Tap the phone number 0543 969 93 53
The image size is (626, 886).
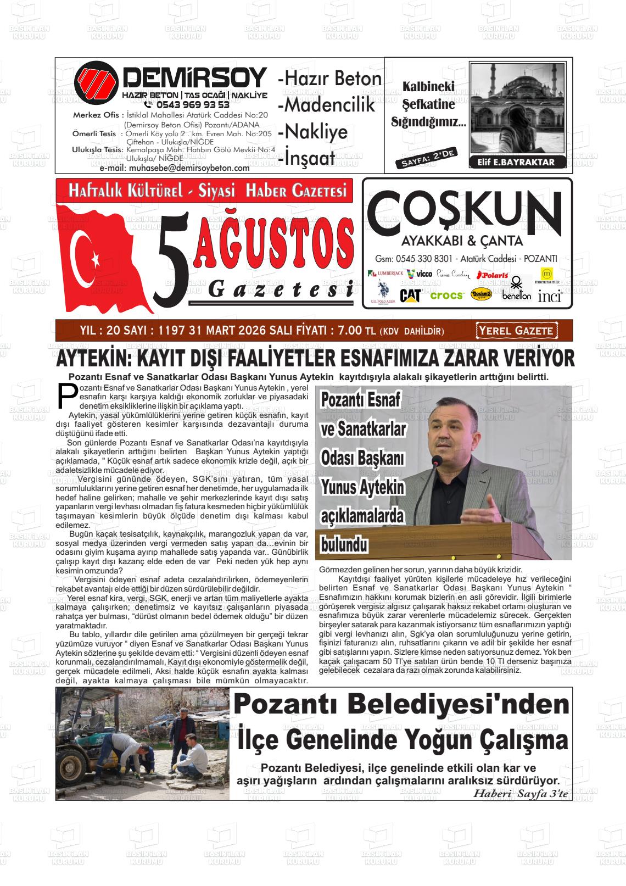point(192,104)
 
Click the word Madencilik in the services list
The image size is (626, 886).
point(327,105)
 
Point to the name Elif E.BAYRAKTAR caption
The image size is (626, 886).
point(512,162)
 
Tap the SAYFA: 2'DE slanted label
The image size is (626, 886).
point(426,158)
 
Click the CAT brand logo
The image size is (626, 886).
point(410,296)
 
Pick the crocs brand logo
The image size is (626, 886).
point(446,296)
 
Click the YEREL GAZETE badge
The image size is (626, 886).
point(516,331)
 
